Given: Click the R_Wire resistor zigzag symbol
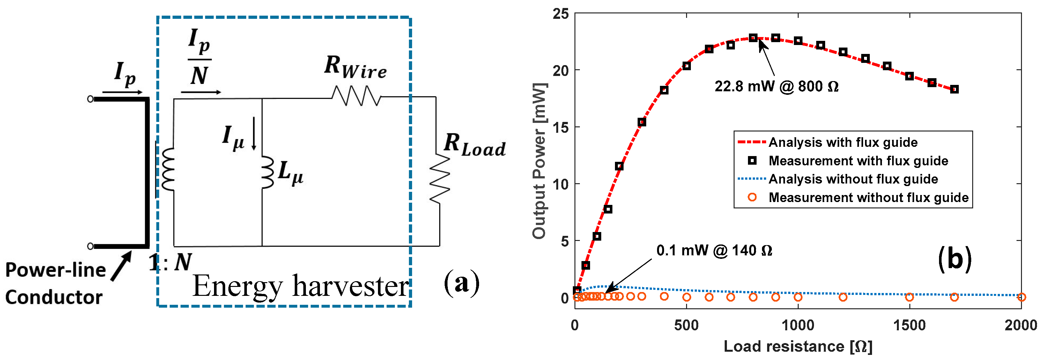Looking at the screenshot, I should pyautogui.click(x=356, y=96).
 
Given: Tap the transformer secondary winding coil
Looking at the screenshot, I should pyautogui.click(x=168, y=169).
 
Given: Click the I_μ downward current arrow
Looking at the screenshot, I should pyautogui.click(x=254, y=134).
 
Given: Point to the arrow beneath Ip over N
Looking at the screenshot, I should pyautogui.click(x=201, y=92).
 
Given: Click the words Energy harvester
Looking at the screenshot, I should pyautogui.click(x=301, y=286).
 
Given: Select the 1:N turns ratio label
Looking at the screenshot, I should pyautogui.click(x=170, y=262).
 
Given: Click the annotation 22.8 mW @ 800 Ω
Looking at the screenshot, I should pyautogui.click(x=776, y=86).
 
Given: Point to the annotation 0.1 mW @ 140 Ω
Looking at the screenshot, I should pyautogui.click(x=714, y=250).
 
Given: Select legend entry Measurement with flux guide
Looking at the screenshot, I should pyautogui.click(x=858, y=161).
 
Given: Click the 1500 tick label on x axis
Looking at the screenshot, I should pyautogui.click(x=909, y=325).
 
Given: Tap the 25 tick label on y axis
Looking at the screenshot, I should pyautogui.click(x=561, y=14).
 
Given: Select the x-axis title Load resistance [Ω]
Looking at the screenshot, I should pyautogui.click(x=798, y=347).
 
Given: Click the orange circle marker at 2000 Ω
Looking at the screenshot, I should pyautogui.click(x=1021, y=297).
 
